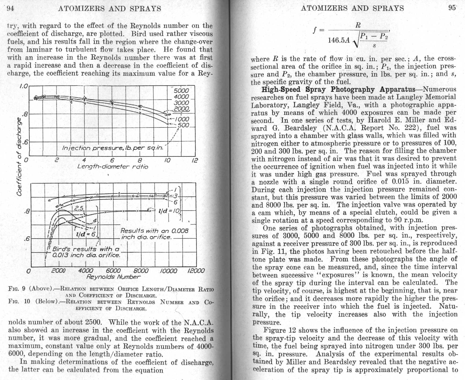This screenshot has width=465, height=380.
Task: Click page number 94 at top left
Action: click(x=10, y=8)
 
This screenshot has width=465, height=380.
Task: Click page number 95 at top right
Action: click(x=452, y=8)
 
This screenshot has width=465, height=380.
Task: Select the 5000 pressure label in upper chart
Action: click(x=181, y=91)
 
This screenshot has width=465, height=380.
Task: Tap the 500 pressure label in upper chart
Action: click(x=184, y=125)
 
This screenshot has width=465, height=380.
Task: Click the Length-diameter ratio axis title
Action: click(x=112, y=167)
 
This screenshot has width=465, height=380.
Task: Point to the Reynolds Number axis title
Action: click(x=113, y=277)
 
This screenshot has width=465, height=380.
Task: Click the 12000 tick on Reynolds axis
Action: click(x=196, y=271)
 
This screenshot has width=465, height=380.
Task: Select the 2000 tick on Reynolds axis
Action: click(x=58, y=271)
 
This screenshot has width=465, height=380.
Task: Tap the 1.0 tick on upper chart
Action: click(x=24, y=86)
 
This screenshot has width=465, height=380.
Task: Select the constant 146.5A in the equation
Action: click(x=339, y=40)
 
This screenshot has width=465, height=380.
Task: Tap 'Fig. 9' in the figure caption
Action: click(x=17, y=289)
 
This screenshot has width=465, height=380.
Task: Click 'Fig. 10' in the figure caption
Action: click(x=19, y=301)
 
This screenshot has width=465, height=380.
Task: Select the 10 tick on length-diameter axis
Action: click(x=167, y=160)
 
